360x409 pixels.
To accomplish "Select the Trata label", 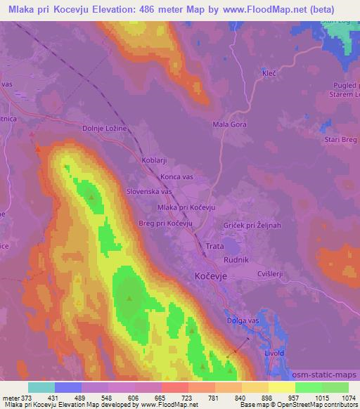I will click(215, 247).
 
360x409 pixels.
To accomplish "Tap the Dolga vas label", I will click(243, 321).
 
